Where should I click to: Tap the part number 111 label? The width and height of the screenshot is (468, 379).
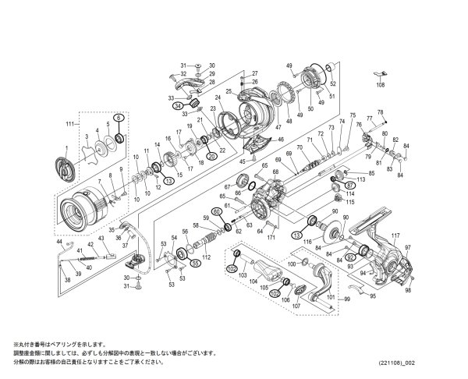coord(70,125)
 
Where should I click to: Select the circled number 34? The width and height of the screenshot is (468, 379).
coord(179,105)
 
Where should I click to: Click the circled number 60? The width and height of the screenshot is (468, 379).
coord(217,211)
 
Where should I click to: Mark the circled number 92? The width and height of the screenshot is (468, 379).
coord(351,255)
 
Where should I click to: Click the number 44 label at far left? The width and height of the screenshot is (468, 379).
coord(58,243)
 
